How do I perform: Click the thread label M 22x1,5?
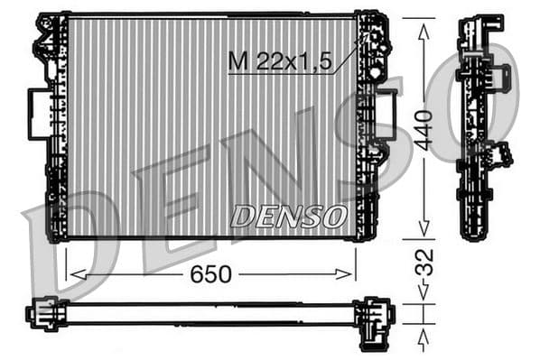(x=281, y=61)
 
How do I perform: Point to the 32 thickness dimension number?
(x=424, y=262)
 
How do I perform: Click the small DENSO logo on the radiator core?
(x=288, y=217)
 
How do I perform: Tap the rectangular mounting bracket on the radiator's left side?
(x=40, y=114)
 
